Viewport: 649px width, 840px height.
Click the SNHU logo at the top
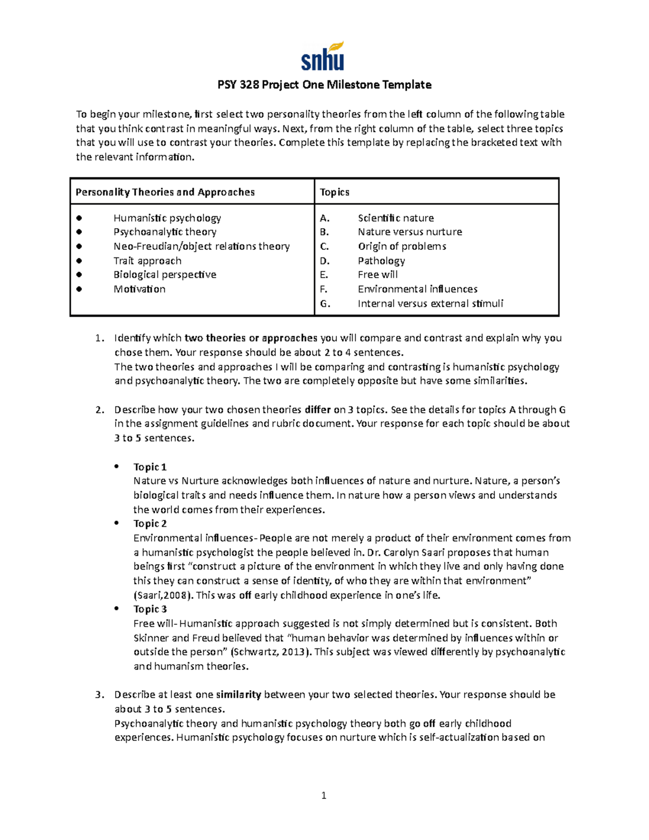click(x=323, y=57)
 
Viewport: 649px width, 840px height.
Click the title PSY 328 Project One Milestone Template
click(x=324, y=85)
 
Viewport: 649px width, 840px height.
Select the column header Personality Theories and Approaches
click(x=165, y=192)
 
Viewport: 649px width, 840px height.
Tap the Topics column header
click(x=334, y=192)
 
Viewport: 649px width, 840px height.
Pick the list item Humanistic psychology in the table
click(x=167, y=218)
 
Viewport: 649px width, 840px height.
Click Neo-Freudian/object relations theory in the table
click(x=201, y=246)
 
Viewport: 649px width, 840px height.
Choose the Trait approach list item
click(x=147, y=261)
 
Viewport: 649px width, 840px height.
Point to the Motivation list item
click(x=139, y=289)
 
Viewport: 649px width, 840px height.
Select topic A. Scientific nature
click(x=395, y=218)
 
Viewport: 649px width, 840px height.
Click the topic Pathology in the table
click(x=381, y=261)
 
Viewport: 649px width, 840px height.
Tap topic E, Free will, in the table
click(x=378, y=275)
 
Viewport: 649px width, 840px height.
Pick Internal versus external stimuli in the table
click(x=430, y=303)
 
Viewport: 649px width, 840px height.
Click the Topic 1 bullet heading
click(x=150, y=467)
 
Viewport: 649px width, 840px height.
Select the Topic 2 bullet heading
click(x=150, y=524)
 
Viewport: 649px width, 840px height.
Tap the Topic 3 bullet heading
click(x=150, y=609)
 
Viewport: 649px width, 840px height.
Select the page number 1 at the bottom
click(x=323, y=795)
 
